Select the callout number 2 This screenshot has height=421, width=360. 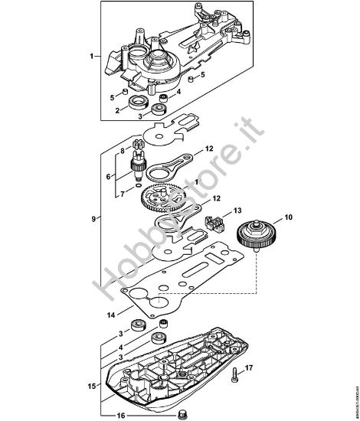click(117, 109)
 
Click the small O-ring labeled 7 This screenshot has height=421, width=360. click(136, 184)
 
